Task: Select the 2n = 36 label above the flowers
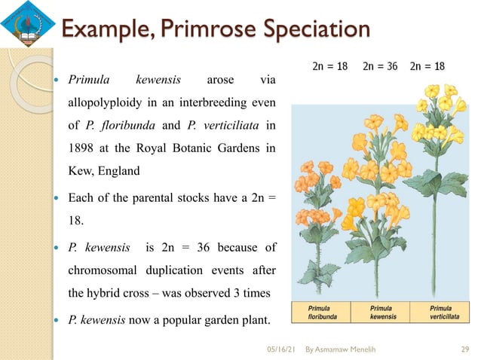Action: [x=380, y=66]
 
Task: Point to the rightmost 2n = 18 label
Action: [x=427, y=66]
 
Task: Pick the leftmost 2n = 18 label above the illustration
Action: [x=329, y=66]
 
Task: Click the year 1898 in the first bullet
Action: [x=84, y=148]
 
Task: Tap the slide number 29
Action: [x=464, y=349]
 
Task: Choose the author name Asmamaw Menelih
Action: [x=346, y=349]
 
